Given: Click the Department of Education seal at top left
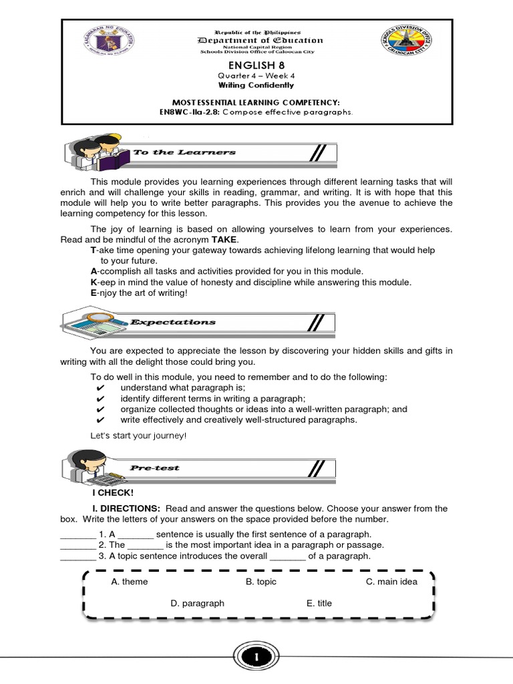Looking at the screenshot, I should [104, 51].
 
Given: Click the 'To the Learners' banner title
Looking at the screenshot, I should [184, 152].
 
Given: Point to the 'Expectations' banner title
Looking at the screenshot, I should [173, 322].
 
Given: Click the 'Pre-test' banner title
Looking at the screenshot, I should [155, 468].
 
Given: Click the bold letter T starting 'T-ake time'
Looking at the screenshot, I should [93, 250].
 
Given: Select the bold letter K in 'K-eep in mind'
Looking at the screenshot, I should [94, 282].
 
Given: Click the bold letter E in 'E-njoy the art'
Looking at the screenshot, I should [94, 293].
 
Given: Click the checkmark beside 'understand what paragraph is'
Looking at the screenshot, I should [100, 388].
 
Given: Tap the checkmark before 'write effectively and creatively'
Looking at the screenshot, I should [100, 420].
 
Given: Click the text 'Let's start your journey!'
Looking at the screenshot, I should [138, 436].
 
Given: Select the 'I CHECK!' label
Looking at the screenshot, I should [113, 493].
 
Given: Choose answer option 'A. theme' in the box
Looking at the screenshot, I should [130, 582].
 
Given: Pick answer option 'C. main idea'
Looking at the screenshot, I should [391, 582].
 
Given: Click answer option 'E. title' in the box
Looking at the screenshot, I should [319, 603].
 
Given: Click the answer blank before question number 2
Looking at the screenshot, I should [77, 545].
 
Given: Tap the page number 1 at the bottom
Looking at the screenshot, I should [256, 659].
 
